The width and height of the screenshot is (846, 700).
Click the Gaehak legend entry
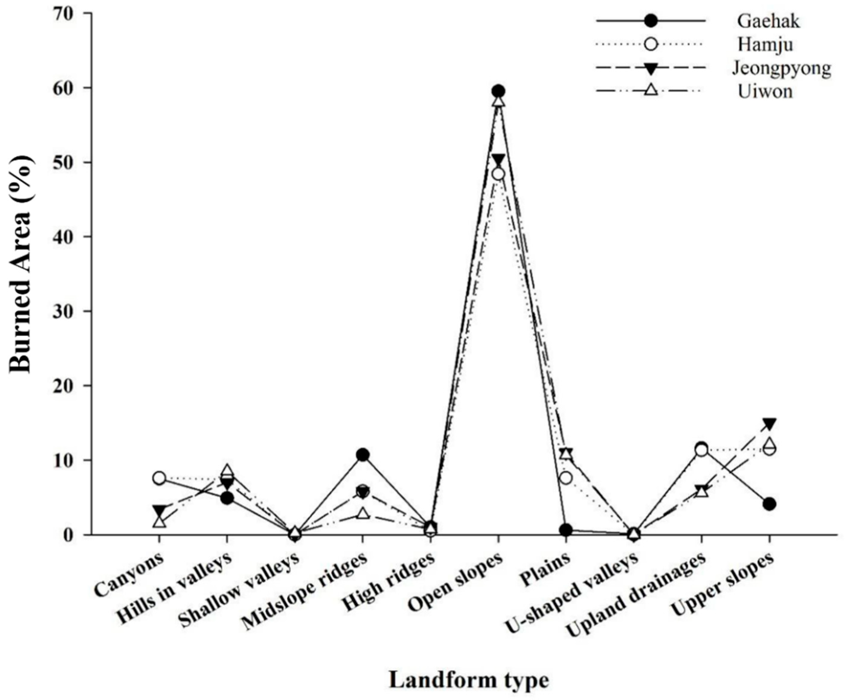(768, 21)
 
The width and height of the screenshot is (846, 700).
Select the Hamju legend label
(765, 44)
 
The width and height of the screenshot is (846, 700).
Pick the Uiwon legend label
(765, 91)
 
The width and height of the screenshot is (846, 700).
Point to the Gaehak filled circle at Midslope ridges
(363, 455)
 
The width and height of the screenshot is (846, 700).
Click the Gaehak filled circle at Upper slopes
(769, 504)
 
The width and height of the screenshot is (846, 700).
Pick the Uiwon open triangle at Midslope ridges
(363, 513)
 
